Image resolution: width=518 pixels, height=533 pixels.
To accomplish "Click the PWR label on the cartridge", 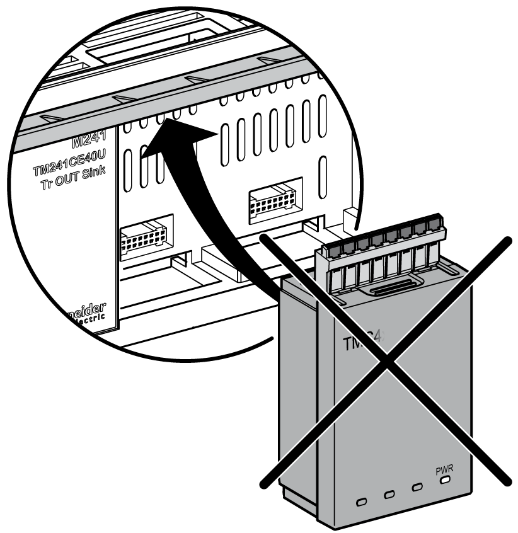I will coord(445,469).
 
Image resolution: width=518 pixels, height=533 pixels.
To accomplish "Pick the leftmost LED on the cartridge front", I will coord(362,502).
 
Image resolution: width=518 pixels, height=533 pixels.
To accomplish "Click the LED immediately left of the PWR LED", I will coord(417,488).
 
